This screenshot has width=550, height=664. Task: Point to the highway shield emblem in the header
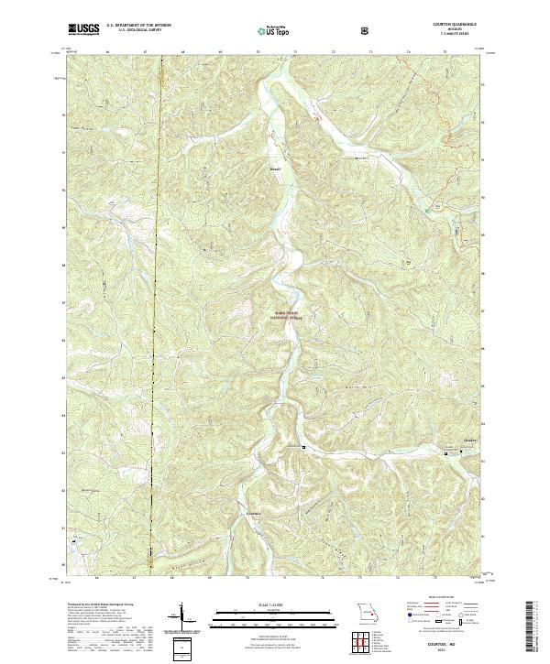pyautogui.click(x=366, y=30)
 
